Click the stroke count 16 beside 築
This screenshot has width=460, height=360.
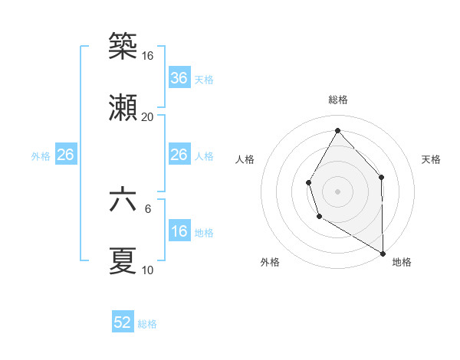[x=148, y=56]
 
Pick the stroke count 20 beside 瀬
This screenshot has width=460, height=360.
[x=148, y=117]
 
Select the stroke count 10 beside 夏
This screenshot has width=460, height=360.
[x=148, y=270]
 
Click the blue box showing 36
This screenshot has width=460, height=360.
[x=179, y=78]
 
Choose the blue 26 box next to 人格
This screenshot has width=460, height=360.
[x=179, y=155]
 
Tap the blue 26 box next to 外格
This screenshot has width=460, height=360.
[x=65, y=155]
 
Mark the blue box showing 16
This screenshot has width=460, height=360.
[x=179, y=231]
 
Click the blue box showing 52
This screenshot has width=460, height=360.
[x=123, y=322]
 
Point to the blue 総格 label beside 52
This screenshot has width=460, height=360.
[x=147, y=324]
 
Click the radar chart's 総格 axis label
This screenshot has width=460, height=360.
[x=338, y=100]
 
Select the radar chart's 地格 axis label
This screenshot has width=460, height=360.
[x=402, y=262]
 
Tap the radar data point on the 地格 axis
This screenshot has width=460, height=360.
[x=383, y=253]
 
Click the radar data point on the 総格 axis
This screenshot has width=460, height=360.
[x=337, y=129]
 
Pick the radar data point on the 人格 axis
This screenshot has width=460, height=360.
[x=308, y=182]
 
